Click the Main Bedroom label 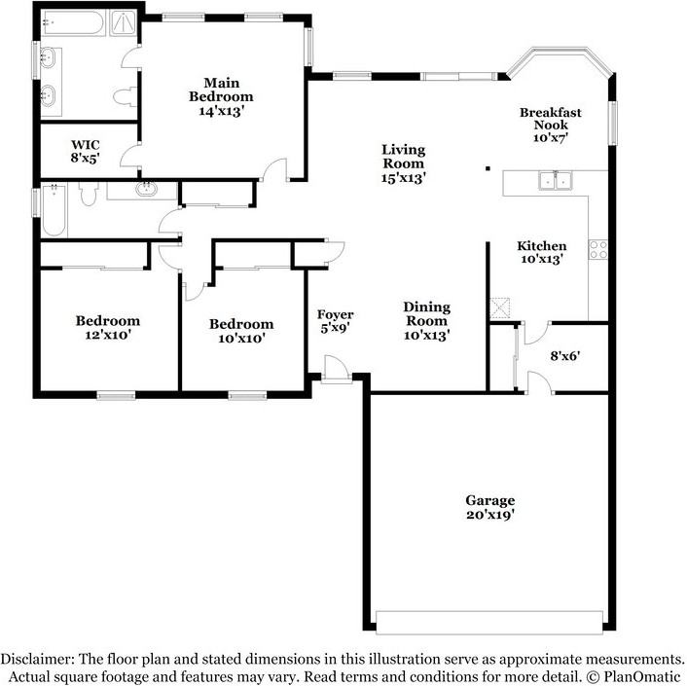point(221,96)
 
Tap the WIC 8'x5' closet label point(86,151)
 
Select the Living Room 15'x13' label point(404,163)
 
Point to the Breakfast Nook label point(551,125)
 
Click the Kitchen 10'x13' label point(542,252)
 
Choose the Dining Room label point(427,321)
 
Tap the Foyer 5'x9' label point(335,321)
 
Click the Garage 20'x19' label point(489,507)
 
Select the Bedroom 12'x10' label point(108,327)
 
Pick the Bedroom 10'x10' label point(241,331)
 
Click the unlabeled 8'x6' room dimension point(565,356)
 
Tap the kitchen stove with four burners point(598,250)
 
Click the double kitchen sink point(556,180)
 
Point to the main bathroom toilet point(126,96)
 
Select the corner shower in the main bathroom point(124,22)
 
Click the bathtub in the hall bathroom point(54,211)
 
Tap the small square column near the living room point(488,168)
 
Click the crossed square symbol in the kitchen point(499,307)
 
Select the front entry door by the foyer point(337,370)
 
